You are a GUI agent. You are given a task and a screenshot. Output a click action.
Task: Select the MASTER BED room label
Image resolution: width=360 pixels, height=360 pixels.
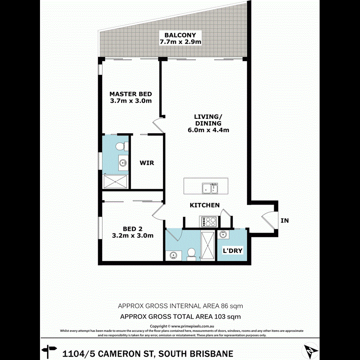pos(130,94)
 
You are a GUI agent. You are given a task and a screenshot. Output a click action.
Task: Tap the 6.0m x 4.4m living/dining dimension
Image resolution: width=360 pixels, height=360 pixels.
pos(208,130)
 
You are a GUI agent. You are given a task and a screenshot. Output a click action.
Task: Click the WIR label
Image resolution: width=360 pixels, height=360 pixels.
pos(147,163)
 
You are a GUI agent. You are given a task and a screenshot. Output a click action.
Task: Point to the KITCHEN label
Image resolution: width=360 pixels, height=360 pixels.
pos(204,205)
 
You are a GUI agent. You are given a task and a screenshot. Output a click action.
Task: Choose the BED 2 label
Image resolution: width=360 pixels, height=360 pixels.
pos(132,229)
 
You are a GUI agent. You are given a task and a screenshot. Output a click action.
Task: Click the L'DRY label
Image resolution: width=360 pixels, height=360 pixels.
pos(232,251)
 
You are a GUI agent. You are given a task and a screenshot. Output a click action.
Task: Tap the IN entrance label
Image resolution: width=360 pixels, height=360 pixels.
pos(284,220)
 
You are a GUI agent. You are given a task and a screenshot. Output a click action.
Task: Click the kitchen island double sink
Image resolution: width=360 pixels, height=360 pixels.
pos(210,188)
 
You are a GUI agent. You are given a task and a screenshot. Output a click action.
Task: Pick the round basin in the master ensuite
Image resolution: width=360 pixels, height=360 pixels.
pos(123,162)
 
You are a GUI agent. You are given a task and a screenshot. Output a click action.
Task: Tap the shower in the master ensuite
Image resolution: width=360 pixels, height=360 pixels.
pos(115,181)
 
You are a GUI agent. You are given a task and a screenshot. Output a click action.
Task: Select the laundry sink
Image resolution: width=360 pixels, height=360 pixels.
pos(223,235)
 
